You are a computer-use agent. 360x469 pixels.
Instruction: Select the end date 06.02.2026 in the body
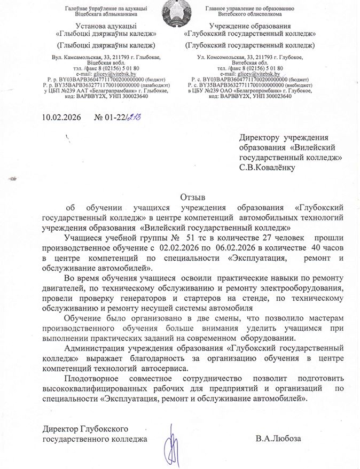coord(236,248)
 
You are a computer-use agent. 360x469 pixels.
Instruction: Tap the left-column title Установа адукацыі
coord(106,26)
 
